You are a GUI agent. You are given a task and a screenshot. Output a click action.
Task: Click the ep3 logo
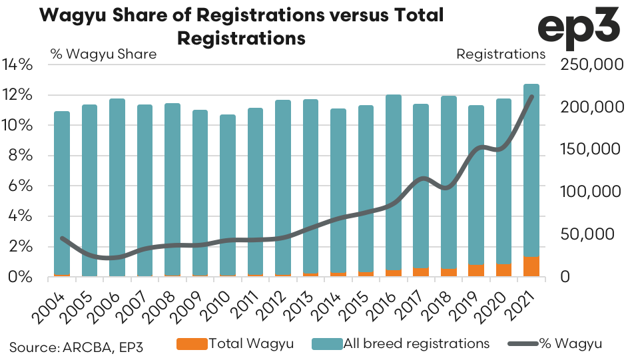579,28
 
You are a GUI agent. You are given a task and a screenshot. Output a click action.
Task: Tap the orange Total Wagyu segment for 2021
531,266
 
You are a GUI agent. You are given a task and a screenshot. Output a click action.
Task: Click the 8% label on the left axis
22,156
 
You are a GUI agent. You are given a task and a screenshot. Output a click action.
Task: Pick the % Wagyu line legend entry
555,343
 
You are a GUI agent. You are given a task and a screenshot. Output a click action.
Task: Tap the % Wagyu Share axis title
103,54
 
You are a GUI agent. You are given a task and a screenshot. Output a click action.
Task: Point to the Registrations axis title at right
500,54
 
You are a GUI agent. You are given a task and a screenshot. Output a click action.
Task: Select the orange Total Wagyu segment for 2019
475,270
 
